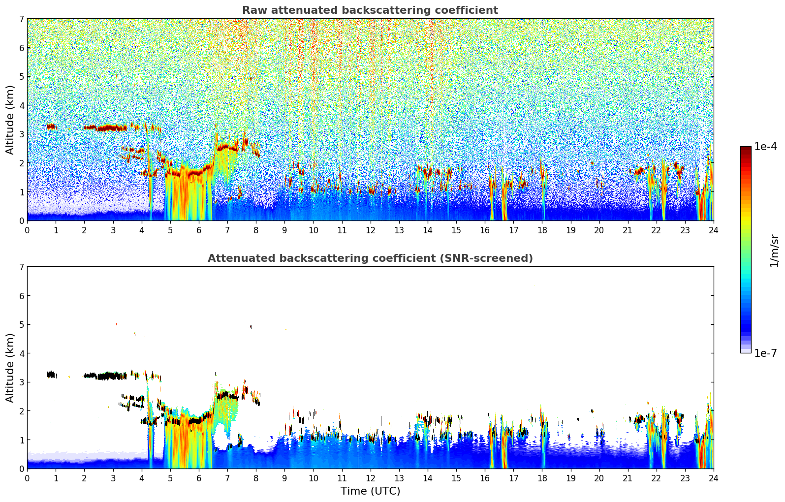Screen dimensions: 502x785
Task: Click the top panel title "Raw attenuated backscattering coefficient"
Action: (x=370, y=10)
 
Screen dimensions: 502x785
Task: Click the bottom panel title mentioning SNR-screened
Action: (x=370, y=258)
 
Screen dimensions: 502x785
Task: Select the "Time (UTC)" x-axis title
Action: (x=370, y=491)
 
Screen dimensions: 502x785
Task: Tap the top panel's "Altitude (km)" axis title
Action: (x=10, y=120)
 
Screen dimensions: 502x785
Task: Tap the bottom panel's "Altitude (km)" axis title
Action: (x=10, y=368)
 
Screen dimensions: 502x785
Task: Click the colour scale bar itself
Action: (x=745, y=250)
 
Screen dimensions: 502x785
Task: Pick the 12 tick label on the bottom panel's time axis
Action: (x=370, y=478)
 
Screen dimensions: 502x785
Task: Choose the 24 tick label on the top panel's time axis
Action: (x=713, y=230)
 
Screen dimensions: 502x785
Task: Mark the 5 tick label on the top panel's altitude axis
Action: (x=21, y=77)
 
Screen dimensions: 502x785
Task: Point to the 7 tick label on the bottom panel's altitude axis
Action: (x=21, y=267)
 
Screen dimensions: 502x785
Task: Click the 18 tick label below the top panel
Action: (x=542, y=230)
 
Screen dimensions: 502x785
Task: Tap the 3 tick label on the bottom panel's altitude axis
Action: (x=21, y=382)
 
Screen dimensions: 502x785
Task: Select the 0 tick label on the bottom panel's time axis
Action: (x=27, y=478)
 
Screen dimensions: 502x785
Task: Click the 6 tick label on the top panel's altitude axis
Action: (x=21, y=48)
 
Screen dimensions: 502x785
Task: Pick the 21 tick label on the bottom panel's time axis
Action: (x=628, y=478)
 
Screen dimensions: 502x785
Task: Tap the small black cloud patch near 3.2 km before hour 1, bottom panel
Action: (x=51, y=375)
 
